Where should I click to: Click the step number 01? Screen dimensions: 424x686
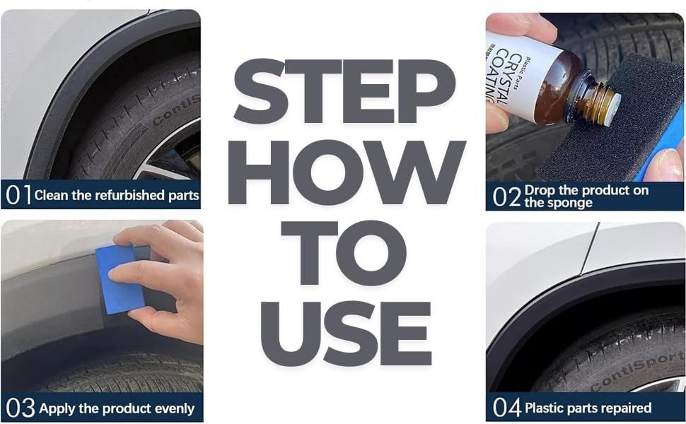pyautogui.click(x=18, y=195)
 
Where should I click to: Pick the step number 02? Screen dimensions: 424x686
pyautogui.click(x=506, y=196)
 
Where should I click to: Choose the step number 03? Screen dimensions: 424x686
pyautogui.click(x=19, y=408)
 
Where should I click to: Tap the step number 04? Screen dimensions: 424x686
pyautogui.click(x=507, y=408)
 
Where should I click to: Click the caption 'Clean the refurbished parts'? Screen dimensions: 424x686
pyautogui.click(x=117, y=195)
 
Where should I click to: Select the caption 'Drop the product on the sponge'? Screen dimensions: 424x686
pyautogui.click(x=586, y=196)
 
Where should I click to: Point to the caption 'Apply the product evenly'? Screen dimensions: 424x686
pyautogui.click(x=117, y=408)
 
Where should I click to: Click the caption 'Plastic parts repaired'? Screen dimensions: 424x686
pyautogui.click(x=588, y=408)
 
